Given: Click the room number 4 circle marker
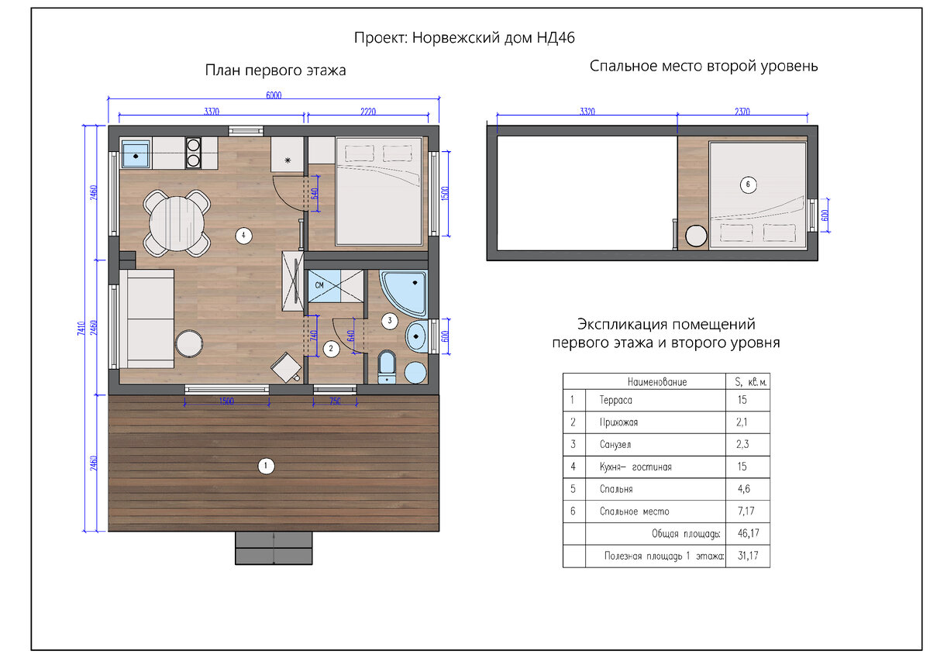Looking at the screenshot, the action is [243, 236].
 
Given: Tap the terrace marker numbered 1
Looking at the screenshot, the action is [266, 466].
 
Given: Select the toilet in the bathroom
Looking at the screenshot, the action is [387, 367].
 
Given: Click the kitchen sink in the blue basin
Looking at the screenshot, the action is [136, 157].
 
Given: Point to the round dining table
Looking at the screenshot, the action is [177, 224].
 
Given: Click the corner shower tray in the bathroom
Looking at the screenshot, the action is [405, 294].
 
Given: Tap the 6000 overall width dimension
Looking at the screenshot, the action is [274, 95].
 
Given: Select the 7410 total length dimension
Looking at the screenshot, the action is [81, 329].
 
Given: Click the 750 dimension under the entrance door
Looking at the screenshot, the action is [335, 401].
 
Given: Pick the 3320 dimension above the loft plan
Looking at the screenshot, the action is [587, 112].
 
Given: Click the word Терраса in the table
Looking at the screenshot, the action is [615, 400].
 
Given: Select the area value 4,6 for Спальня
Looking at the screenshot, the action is [743, 489].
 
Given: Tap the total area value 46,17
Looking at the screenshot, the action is [748, 533].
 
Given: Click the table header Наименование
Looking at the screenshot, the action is [657, 382].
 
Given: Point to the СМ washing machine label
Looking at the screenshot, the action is [319, 285].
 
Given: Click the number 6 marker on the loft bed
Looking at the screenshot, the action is [748, 184].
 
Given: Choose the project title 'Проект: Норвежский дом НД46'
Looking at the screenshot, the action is [464, 38].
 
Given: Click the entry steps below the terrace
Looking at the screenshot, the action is [274, 548].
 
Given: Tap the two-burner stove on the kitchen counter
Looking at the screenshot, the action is [193, 153].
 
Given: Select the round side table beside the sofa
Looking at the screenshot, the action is [189, 344].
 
